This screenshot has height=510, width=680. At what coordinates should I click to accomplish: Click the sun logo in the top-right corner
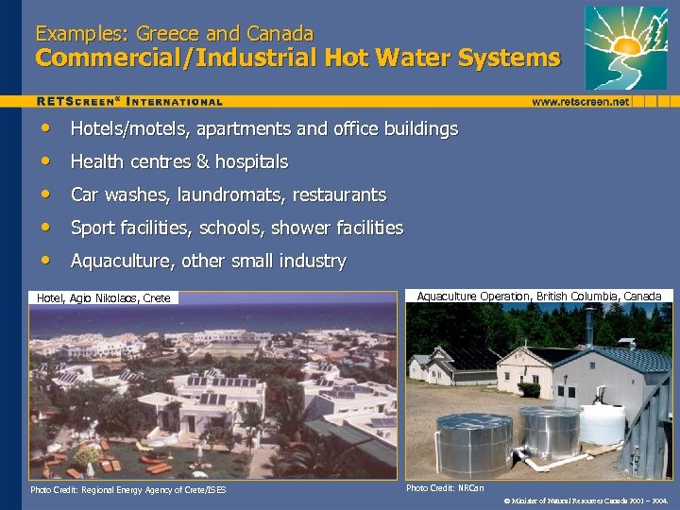coord(625,46)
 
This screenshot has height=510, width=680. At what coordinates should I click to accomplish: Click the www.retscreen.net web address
coord(580,101)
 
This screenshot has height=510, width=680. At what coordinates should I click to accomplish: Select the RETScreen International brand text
coord(129,101)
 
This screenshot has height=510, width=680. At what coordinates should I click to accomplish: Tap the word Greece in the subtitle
coord(168,34)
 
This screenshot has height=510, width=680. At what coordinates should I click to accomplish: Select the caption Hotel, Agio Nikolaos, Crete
coord(104,298)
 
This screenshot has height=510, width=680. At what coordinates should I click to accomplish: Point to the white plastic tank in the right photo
coord(602,424)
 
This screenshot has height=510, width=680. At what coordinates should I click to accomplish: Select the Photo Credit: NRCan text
coord(445,488)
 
